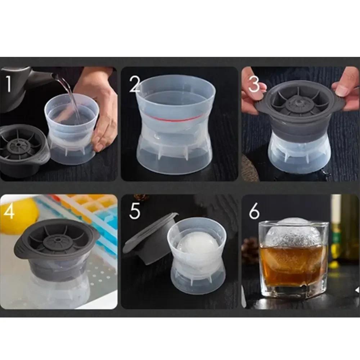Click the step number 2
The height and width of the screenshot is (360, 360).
[135, 84]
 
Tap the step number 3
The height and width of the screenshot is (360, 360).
[254, 84]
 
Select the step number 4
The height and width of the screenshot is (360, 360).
[9, 212]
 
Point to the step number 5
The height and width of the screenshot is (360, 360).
[135, 212]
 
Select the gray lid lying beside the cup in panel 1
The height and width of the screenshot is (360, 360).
[22, 149]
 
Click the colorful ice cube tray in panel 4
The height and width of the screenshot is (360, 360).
[94, 212]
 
